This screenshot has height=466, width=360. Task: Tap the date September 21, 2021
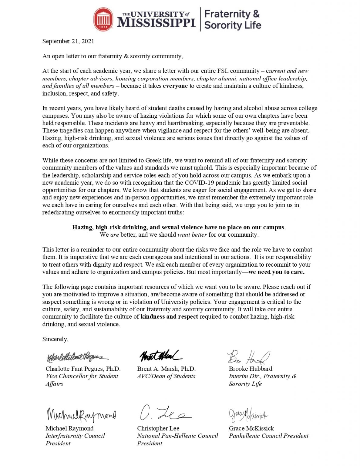(68, 41)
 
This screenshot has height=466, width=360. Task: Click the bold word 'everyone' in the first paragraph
(175, 86)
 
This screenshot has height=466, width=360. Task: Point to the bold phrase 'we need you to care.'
(276, 272)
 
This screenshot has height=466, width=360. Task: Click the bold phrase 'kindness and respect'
(169, 317)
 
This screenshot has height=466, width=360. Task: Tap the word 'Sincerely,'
(55, 339)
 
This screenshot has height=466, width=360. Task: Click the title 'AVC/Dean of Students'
(166, 376)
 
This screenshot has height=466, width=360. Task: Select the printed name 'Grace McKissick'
(251, 428)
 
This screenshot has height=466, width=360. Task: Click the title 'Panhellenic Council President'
(268, 436)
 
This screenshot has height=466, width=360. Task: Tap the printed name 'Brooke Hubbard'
(251, 369)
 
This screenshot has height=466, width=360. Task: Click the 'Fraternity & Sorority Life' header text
(232, 19)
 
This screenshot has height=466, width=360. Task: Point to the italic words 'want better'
(192, 235)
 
